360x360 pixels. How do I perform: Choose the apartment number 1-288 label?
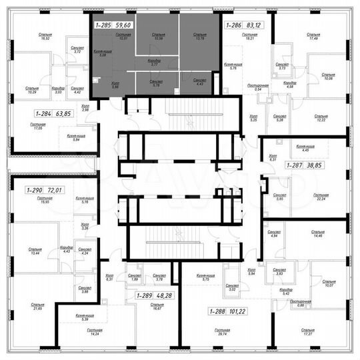click(217, 311)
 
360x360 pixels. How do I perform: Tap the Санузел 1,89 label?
click(134, 279)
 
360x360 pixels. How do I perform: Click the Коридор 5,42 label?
click(287, 291)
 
